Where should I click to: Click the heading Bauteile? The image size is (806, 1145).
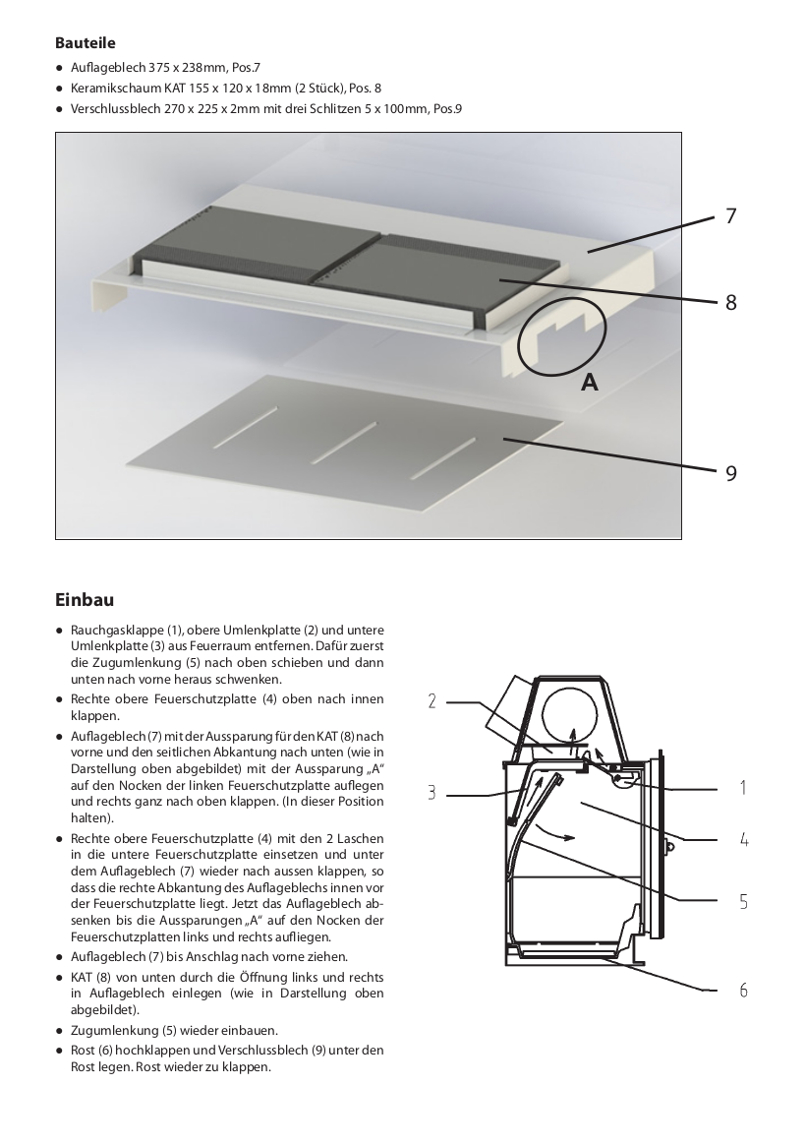pyautogui.click(x=86, y=43)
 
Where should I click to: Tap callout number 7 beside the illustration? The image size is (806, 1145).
pyautogui.click(x=730, y=215)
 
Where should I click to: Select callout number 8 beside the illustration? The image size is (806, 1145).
pyautogui.click(x=730, y=302)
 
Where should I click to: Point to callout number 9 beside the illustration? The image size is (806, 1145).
pyautogui.click(x=730, y=473)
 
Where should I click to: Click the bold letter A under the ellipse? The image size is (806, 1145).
pyautogui.click(x=589, y=382)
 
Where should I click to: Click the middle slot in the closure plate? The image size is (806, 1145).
pyautogui.click(x=344, y=443)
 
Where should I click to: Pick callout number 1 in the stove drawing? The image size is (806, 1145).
pyautogui.click(x=742, y=787)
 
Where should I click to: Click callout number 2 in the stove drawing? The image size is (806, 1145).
pyautogui.click(x=432, y=701)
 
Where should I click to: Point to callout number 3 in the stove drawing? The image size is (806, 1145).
pyautogui.click(x=432, y=793)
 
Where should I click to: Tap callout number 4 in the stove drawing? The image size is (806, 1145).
pyautogui.click(x=744, y=840)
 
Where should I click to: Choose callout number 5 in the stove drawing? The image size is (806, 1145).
pyautogui.click(x=744, y=901)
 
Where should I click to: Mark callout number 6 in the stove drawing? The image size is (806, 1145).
pyautogui.click(x=744, y=990)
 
